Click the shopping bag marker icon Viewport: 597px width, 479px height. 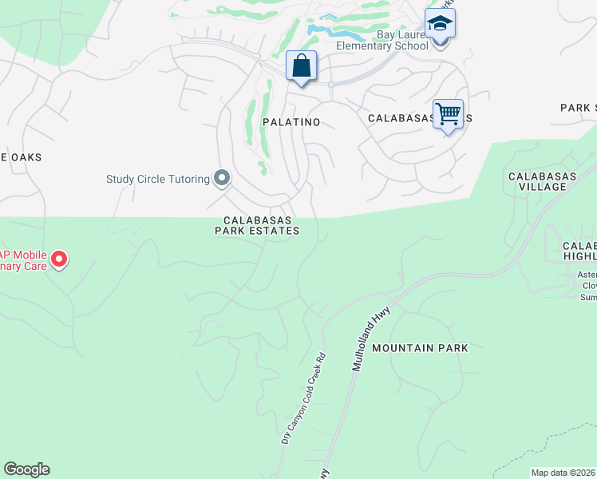point(302,65)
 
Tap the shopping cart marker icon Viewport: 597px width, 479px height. point(448,113)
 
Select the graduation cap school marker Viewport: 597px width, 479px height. point(440,24)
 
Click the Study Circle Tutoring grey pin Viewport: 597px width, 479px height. point(222,178)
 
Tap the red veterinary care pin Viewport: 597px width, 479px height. point(59,259)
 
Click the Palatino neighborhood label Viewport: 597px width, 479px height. point(291,122)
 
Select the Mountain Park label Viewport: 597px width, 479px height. point(420,348)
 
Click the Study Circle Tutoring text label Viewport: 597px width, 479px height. point(157,179)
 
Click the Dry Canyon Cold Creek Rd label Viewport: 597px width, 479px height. point(304,398)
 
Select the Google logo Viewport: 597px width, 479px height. point(26,469)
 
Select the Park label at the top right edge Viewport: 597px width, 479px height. point(578,108)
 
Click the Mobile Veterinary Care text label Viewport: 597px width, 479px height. point(24,259)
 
